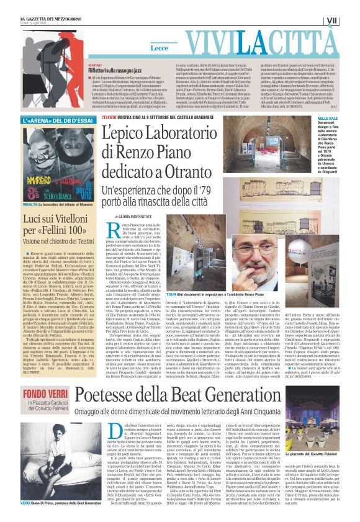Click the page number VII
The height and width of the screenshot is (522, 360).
pos(349,21)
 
